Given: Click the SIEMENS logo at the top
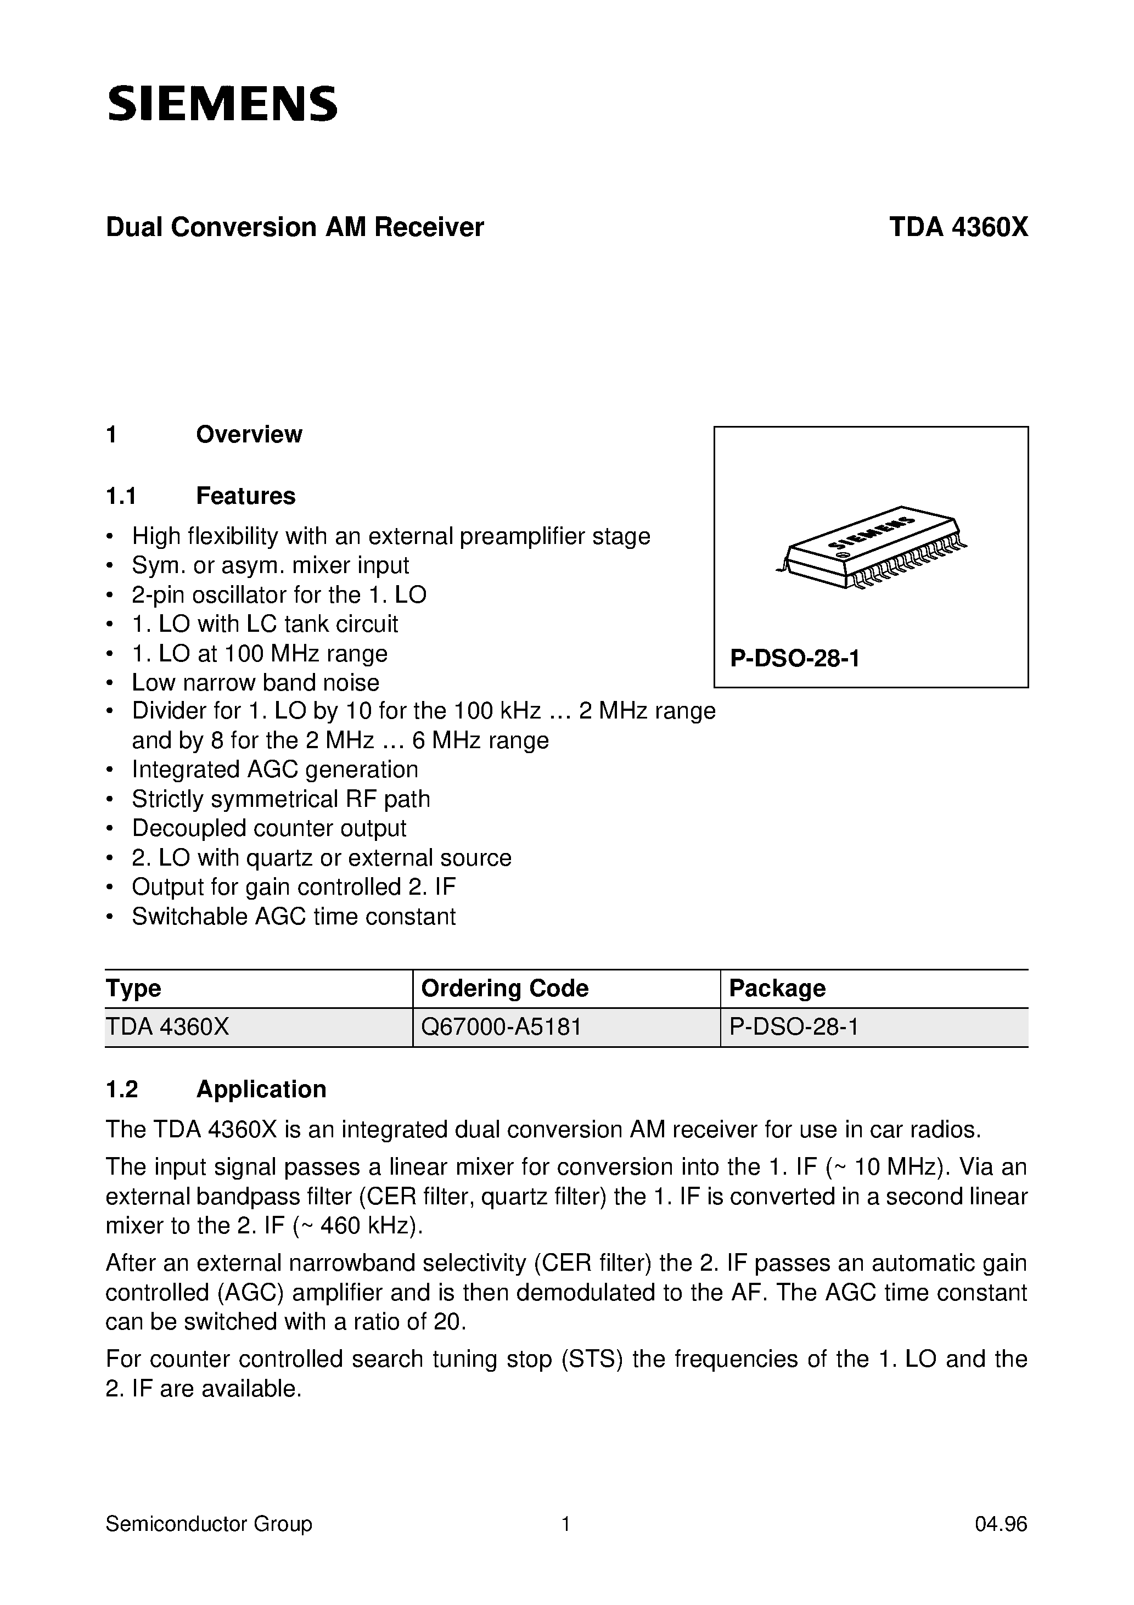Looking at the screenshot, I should pos(222,104).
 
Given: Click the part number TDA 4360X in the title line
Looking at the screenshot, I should pos(958,227).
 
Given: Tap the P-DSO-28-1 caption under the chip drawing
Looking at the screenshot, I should pos(794,659).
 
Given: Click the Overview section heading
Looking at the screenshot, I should pos(249,435).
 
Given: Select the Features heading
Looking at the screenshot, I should pos(245,496).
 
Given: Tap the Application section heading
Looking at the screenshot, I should pos(261,1089).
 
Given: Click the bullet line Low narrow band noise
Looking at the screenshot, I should pos(255,682).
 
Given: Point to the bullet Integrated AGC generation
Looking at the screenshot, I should pos(275,770).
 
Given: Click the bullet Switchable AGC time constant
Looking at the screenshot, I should pos(294,916).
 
